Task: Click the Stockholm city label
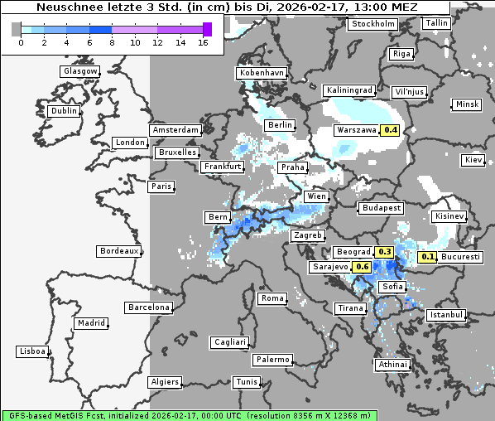click(x=372, y=24)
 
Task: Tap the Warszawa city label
click(x=356, y=130)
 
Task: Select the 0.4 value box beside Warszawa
click(x=391, y=130)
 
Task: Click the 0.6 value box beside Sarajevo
click(x=363, y=267)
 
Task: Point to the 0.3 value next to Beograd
click(x=384, y=252)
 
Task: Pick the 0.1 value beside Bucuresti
click(x=427, y=257)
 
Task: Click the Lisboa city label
click(x=31, y=351)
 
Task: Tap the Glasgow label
click(x=80, y=71)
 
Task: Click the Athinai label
click(x=392, y=365)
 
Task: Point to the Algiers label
click(x=163, y=382)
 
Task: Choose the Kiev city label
click(x=473, y=159)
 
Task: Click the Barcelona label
click(x=149, y=307)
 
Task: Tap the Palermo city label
click(x=272, y=360)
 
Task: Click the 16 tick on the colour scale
click(x=203, y=42)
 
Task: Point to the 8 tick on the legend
click(x=113, y=42)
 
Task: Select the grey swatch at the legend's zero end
click(x=17, y=29)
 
